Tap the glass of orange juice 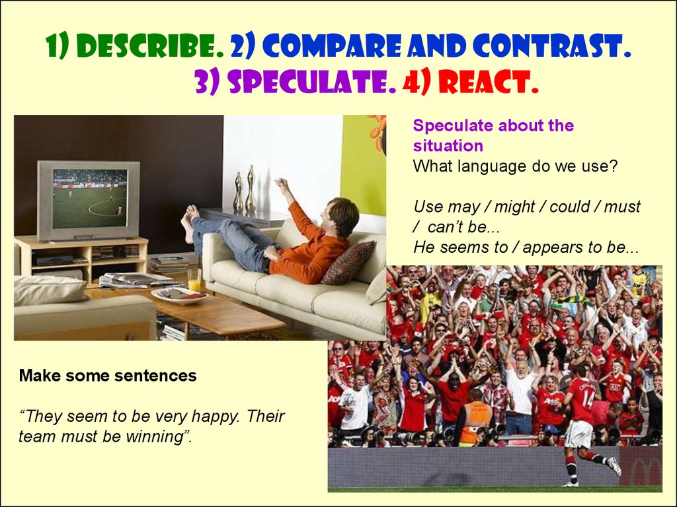point(194,280)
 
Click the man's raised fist point(281,184)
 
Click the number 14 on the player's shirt point(588,399)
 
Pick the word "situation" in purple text point(448,146)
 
